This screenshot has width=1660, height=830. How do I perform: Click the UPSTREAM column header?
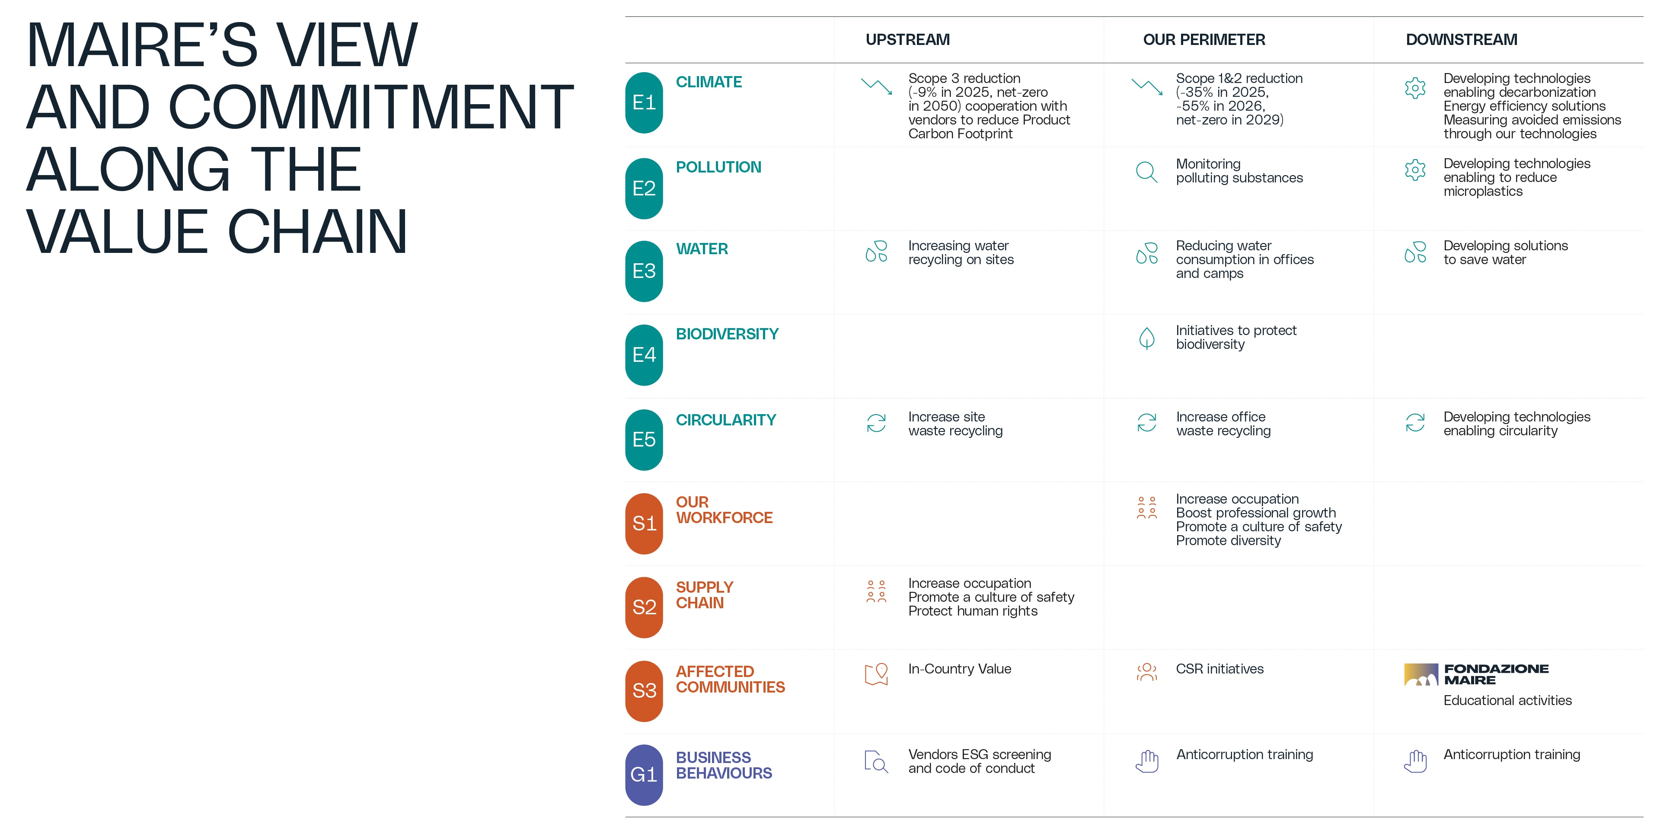coord(907,40)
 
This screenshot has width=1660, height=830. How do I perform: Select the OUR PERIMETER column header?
coord(1204,40)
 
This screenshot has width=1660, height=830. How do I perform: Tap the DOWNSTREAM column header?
coord(1461,40)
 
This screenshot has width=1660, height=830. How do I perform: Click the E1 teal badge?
coord(644,102)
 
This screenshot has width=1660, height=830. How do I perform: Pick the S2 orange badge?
coord(644,607)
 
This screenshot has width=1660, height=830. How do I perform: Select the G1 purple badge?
coord(644,775)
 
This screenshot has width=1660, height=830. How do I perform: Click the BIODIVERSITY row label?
coord(727,334)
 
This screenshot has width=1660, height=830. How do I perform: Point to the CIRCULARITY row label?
coord(726,420)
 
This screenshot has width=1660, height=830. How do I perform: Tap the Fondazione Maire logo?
coord(1476,674)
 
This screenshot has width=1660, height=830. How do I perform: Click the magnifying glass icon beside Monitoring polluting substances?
coord(1146,172)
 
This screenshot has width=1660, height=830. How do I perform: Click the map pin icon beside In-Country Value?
coord(876,674)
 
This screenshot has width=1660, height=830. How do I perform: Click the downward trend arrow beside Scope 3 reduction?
coord(876,86)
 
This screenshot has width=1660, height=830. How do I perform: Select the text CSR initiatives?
coord(1219,669)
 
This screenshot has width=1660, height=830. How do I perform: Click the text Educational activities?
coord(1507,700)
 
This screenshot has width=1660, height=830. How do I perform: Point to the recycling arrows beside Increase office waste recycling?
coord(1146,423)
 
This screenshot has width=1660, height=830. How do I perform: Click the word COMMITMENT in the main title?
coord(370,107)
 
